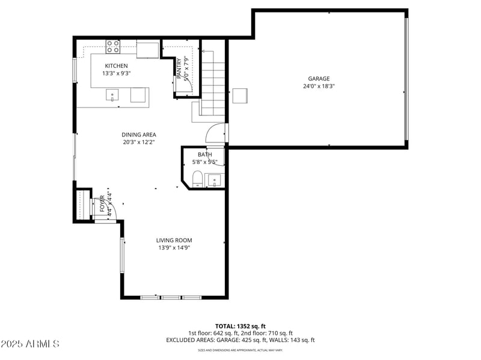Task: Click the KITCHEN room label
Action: tap(116, 66)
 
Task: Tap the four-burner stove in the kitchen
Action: tap(113, 46)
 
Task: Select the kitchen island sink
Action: tap(112, 95)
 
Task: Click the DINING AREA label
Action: tap(139, 135)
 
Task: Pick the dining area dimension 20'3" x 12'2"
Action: tap(139, 142)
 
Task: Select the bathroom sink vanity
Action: tap(214, 180)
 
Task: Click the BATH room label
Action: tap(204, 154)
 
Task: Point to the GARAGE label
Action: tap(319, 79)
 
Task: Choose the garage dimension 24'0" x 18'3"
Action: tap(319, 86)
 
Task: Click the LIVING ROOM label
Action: tap(174, 240)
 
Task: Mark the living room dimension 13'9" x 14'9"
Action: tap(174, 248)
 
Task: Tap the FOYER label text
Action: tap(102, 204)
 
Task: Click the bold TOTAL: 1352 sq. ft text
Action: tap(240, 326)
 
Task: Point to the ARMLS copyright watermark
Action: tap(30, 344)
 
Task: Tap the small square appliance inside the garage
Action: tap(240, 96)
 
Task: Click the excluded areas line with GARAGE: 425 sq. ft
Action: tap(240, 340)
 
